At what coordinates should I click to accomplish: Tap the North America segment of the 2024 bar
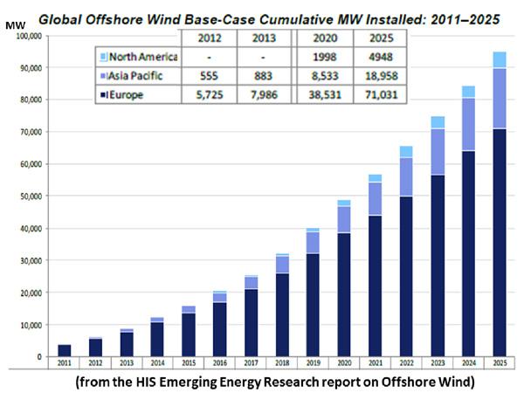point(468,92)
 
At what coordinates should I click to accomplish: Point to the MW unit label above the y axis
point(15,26)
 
